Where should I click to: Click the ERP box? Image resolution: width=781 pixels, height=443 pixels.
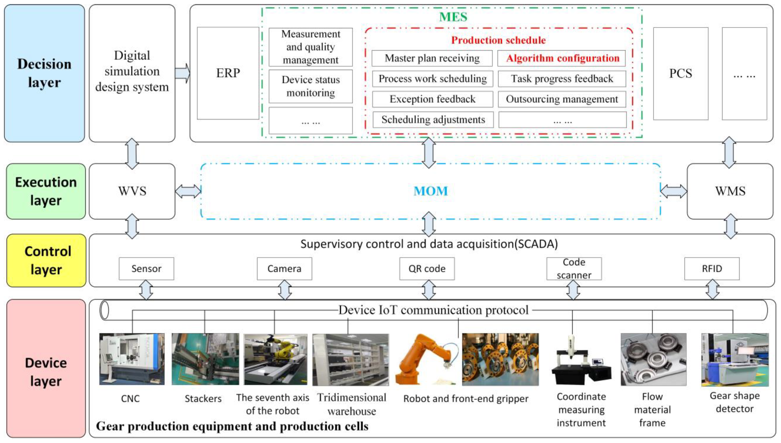(228, 73)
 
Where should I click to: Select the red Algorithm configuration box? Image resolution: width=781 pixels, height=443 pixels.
(562, 58)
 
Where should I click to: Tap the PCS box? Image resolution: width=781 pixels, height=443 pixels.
(680, 73)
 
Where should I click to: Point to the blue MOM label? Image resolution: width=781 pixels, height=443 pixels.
(430, 191)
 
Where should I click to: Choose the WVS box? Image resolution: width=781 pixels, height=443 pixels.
(132, 191)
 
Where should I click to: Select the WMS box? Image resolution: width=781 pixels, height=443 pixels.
(730, 191)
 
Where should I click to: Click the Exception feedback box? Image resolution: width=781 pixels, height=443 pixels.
(432, 99)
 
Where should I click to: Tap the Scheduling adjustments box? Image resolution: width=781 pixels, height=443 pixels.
(433, 120)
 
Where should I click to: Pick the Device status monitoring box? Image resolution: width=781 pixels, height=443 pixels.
(310, 86)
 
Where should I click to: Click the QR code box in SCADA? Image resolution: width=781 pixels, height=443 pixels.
(427, 269)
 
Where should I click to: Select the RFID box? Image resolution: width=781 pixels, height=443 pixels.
(712, 269)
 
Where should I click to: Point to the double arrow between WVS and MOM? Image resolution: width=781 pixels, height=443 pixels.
(188, 191)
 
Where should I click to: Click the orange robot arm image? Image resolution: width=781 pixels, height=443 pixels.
(426, 359)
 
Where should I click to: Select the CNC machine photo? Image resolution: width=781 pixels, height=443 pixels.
(132, 359)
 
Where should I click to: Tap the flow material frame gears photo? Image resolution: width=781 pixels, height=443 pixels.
(653, 359)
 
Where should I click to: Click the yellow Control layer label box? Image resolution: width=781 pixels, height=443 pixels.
(46, 260)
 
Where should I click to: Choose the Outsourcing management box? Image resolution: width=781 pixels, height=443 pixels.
(562, 99)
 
